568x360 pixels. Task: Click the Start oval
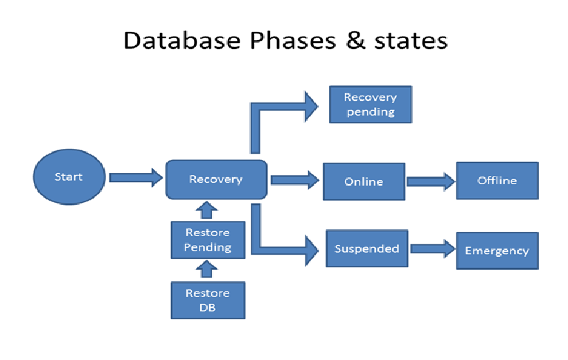pyautogui.click(x=69, y=177)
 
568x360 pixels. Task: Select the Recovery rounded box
pyautogui.click(x=216, y=179)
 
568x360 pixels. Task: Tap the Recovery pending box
pyautogui.click(x=370, y=105)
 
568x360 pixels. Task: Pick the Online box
pyautogui.click(x=364, y=181)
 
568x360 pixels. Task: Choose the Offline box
pyautogui.click(x=497, y=180)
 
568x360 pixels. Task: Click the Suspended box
pyautogui.click(x=366, y=249)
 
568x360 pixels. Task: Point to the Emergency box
pyautogui.click(x=497, y=251)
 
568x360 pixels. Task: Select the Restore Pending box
pyautogui.click(x=208, y=240)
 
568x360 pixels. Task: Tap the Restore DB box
pyautogui.click(x=208, y=299)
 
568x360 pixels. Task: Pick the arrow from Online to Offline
pyautogui.click(x=430, y=181)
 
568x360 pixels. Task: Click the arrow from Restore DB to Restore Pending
pyautogui.click(x=207, y=271)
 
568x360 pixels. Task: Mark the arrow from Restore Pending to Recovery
pyautogui.click(x=207, y=210)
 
